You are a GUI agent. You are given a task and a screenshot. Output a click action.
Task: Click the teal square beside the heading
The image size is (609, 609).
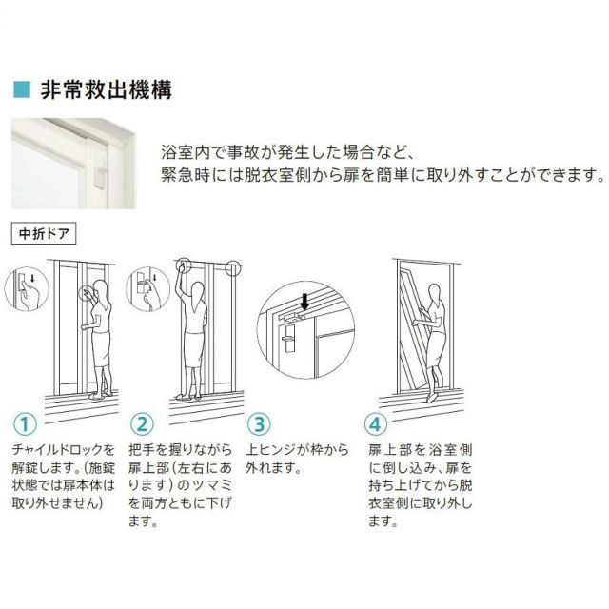click(22, 89)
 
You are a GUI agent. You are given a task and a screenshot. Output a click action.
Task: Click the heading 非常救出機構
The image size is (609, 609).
click(106, 90)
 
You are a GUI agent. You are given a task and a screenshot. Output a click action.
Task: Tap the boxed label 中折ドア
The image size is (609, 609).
click(44, 233)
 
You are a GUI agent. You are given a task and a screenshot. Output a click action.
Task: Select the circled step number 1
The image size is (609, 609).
click(25, 424)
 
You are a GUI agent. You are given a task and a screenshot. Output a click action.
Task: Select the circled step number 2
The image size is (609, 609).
click(142, 424)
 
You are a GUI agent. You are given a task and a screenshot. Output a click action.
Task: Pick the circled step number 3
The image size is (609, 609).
click(259, 424)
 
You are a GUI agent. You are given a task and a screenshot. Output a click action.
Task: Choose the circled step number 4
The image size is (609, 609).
click(376, 424)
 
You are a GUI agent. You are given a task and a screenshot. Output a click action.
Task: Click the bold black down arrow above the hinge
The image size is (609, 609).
click(305, 302)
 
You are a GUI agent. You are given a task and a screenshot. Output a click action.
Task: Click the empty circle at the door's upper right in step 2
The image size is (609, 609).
click(233, 268)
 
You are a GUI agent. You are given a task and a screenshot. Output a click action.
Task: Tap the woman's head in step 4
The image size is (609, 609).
click(435, 293)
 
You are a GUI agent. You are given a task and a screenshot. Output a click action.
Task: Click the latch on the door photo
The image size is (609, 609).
click(100, 179)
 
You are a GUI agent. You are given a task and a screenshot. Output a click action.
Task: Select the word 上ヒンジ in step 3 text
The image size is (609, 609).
click(269, 450)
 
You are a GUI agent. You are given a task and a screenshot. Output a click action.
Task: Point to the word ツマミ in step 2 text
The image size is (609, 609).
click(212, 485)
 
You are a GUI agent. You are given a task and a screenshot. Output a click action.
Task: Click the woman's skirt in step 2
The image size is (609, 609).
click(194, 349)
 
